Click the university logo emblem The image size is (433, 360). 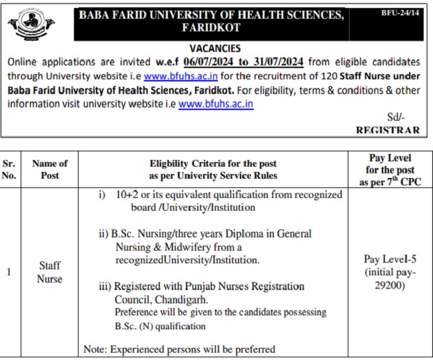31,25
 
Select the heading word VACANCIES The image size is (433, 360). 215,49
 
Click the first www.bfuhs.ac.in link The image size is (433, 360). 174,76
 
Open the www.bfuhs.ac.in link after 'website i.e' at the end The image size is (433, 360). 216,104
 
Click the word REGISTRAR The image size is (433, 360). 388,130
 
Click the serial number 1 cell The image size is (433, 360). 8,272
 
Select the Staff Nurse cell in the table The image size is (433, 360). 50,272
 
